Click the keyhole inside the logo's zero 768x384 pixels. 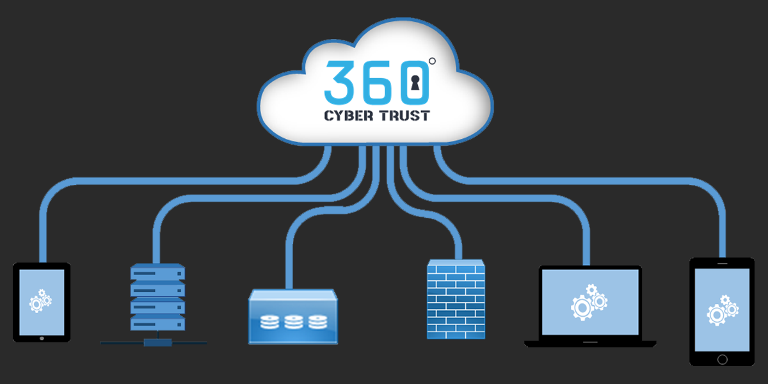point(415,83)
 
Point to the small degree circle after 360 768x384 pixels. point(432,61)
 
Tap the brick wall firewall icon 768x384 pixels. point(456,299)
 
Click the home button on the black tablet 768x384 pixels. point(42,338)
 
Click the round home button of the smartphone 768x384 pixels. point(722,360)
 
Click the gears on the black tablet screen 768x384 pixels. point(40,301)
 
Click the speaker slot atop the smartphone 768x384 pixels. point(722,262)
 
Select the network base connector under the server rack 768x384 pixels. point(154,342)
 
